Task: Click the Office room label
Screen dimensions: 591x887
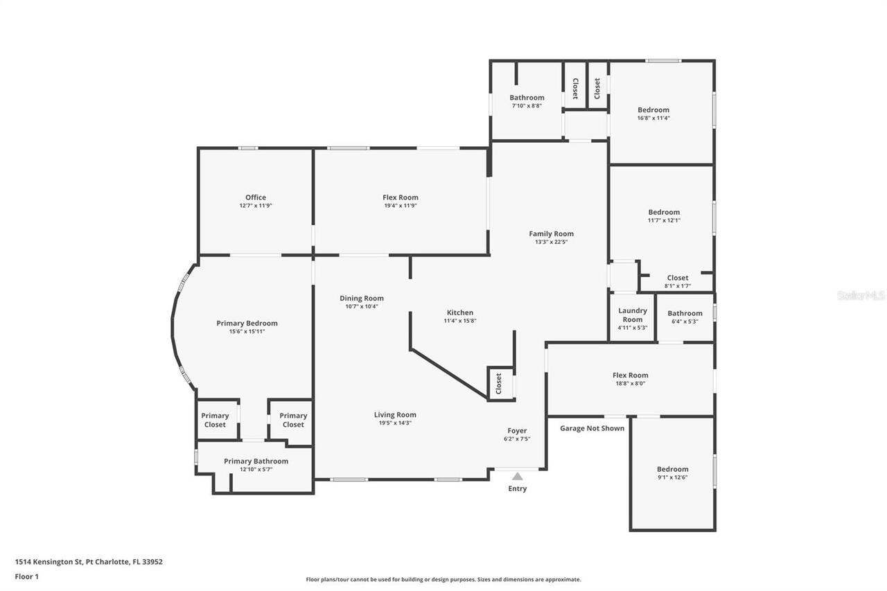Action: pos(255,197)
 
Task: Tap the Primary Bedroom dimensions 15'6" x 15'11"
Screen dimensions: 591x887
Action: pos(247,332)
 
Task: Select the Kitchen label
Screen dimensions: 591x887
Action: pos(459,312)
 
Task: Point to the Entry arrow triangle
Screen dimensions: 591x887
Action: pos(517,476)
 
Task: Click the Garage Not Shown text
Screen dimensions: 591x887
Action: pos(592,428)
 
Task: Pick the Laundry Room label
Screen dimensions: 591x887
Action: pos(632,315)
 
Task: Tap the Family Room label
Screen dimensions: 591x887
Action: pos(551,233)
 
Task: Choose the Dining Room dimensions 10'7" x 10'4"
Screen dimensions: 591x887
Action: pos(361,306)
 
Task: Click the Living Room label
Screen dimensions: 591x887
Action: pos(395,414)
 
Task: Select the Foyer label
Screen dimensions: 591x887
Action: pos(517,430)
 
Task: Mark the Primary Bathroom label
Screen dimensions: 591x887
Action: pos(256,461)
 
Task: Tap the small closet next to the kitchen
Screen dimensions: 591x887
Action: pos(499,384)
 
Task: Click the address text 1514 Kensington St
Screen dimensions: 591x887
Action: pos(89,562)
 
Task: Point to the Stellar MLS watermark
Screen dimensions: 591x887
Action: pos(861,295)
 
